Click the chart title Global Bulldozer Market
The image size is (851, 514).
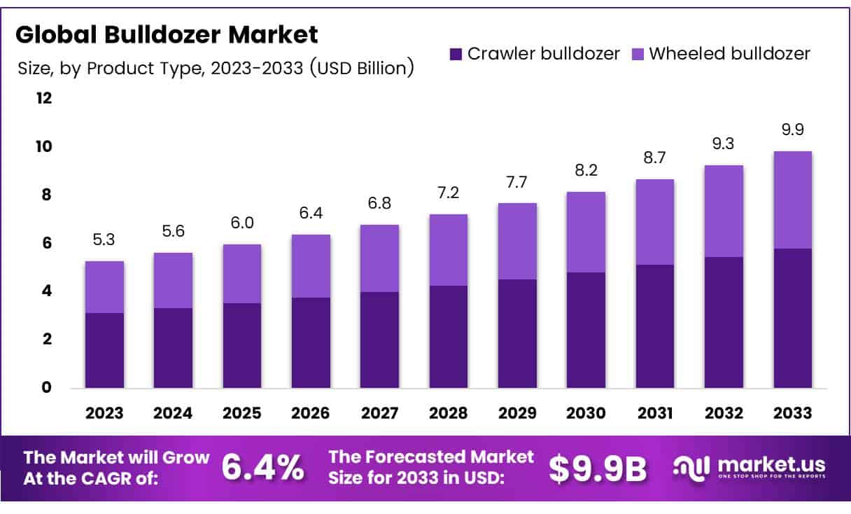[x=167, y=34]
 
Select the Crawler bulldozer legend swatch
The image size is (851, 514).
[x=456, y=53]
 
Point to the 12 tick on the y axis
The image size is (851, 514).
[x=44, y=98]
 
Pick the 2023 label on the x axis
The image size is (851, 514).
[x=104, y=413]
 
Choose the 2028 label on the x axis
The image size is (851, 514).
[x=449, y=413]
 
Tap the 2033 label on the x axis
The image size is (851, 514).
[x=793, y=413]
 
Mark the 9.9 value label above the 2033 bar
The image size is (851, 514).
[x=793, y=130]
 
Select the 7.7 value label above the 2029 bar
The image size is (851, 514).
[x=517, y=183]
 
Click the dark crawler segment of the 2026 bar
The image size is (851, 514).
[x=311, y=342]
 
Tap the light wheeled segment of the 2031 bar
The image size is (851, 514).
[x=655, y=221]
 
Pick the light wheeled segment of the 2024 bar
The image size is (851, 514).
[x=173, y=280]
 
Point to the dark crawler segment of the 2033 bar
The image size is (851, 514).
[x=793, y=318]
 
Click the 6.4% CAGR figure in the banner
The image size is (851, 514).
[x=263, y=468]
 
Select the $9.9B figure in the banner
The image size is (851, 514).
[x=598, y=468]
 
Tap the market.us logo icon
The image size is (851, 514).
[x=692, y=467]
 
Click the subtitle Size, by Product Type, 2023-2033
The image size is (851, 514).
[x=214, y=68]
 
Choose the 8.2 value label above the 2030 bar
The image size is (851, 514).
[x=586, y=171]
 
